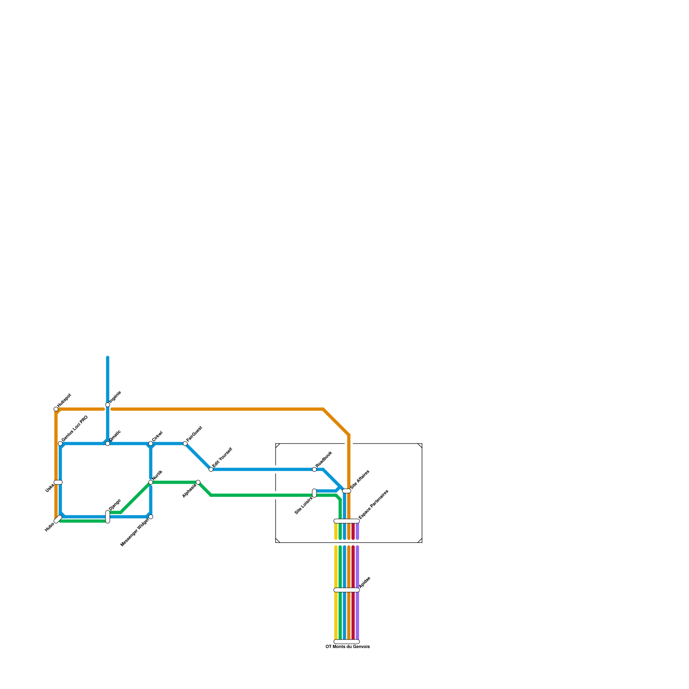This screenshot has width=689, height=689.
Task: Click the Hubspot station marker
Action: point(56,409)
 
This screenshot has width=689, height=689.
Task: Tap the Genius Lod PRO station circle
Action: point(60,444)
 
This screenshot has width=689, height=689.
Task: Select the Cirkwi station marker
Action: point(151,444)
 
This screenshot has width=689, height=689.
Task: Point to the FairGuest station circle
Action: point(185,444)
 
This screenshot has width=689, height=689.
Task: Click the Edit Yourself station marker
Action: point(211,469)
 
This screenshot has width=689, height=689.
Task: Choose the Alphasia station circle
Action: point(198,482)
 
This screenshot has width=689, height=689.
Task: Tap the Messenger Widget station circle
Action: point(151,517)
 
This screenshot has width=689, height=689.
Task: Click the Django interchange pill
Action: point(108,517)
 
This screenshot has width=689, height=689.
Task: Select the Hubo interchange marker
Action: point(58,519)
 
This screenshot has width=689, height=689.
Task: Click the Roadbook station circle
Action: point(314,469)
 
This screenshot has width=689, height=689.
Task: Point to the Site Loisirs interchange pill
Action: point(314,493)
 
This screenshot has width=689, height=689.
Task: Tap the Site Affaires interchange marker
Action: point(347,491)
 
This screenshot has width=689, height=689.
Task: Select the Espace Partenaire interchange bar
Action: point(347,521)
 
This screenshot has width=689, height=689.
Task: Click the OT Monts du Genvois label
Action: point(348,647)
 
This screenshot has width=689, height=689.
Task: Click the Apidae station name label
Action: point(365,582)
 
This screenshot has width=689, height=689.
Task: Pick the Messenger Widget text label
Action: point(135,533)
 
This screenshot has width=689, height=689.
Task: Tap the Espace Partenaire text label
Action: point(373,504)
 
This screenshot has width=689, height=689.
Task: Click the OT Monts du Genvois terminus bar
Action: point(347,642)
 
